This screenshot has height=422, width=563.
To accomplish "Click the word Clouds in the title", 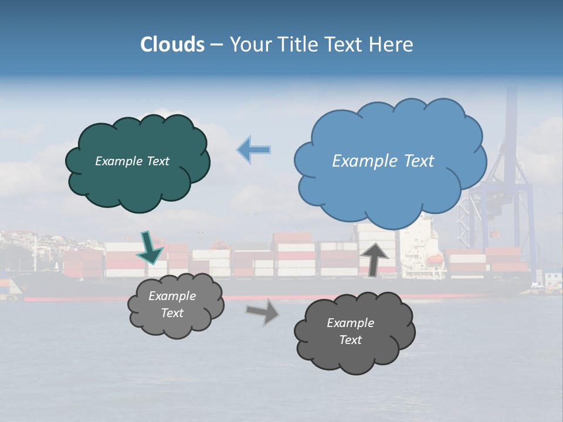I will (172, 45).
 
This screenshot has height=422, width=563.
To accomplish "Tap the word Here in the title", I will (391, 45).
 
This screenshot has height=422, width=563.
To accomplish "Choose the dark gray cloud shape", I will (354, 332).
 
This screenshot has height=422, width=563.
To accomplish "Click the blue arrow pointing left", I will (254, 149).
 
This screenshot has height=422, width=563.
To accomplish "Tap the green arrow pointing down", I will (150, 247).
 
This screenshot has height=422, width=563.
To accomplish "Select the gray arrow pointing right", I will (263, 312).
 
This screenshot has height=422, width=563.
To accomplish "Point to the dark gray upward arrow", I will (375, 258).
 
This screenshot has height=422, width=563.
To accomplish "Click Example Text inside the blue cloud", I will (384, 161).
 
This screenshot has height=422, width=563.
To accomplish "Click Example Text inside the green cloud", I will (133, 161).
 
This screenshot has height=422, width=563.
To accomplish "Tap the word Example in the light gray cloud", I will (172, 297).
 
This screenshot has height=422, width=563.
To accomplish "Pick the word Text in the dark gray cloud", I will (350, 340).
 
